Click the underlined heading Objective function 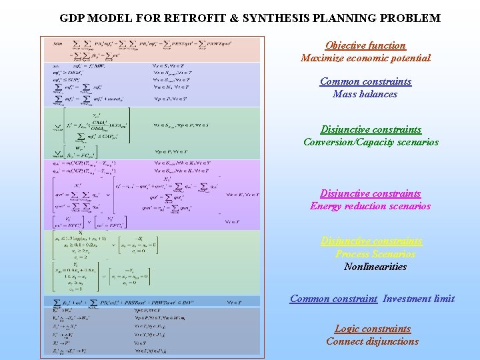(x=365, y=45)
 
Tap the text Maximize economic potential (x=365, y=58)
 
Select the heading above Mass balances (x=365, y=81)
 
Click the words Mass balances (x=365, y=94)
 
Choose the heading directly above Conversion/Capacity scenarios (x=371, y=129)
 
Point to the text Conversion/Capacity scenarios (x=371, y=142)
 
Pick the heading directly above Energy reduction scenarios (x=371, y=193)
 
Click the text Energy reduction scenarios (x=371, y=206)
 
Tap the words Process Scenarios (x=375, y=254)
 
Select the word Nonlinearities (x=375, y=267)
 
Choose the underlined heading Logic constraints (x=373, y=329)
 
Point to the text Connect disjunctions (x=373, y=341)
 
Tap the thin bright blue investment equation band (x=151, y=301)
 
